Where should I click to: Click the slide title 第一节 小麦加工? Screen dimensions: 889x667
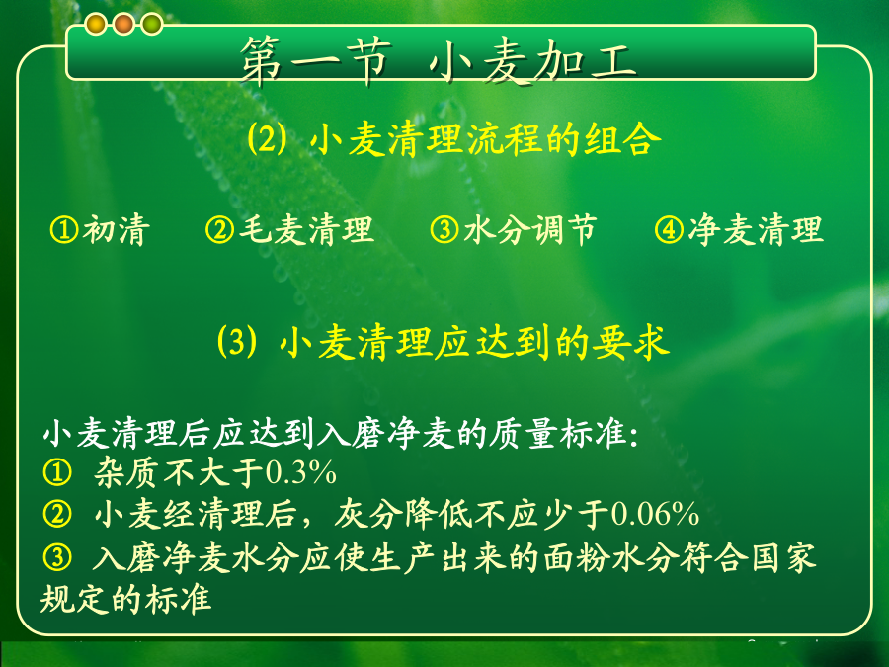[x=439, y=61]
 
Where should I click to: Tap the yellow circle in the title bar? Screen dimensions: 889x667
[x=96, y=24]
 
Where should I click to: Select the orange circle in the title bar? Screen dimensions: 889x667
[x=123, y=24]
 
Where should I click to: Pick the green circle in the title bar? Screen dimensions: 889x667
[x=151, y=24]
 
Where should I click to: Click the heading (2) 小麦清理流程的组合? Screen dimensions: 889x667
[x=454, y=139]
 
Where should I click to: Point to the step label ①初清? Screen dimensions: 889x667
[x=101, y=229]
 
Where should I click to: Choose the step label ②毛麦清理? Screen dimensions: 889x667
[x=289, y=229]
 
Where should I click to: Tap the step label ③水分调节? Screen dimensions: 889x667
[x=513, y=229]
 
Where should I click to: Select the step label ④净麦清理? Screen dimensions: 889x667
[x=739, y=229]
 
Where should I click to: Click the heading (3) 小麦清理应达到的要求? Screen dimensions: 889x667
[x=444, y=342]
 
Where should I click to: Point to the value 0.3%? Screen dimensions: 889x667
[x=300, y=472]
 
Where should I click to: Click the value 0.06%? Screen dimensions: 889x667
[x=655, y=514]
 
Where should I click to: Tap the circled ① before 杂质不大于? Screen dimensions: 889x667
[x=57, y=472]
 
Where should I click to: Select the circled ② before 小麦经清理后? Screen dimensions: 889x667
[x=57, y=514]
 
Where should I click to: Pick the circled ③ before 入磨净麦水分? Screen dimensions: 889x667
[x=57, y=557]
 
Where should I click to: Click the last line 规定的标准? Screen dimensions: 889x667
[x=125, y=599]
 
